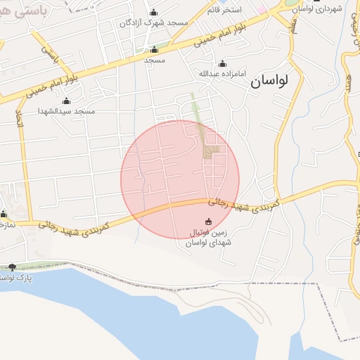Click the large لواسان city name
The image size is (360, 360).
coord(269,82)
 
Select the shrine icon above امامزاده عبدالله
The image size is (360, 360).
coord(222,63)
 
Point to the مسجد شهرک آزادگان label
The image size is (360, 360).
coord(153,22)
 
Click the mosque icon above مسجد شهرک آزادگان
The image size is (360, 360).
coord(154,12)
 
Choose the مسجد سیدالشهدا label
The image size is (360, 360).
coord(67,111)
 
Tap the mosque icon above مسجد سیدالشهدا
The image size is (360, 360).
coord(67,101)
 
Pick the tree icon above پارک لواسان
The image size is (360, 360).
coord(12,267)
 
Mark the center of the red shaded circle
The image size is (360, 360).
coord(180,179)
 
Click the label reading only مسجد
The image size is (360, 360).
coord(154,60)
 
